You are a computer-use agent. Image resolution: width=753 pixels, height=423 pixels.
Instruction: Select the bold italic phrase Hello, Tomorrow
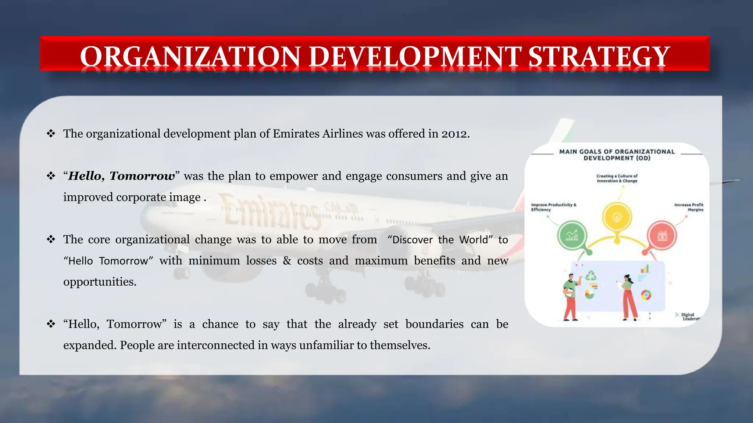point(122,176)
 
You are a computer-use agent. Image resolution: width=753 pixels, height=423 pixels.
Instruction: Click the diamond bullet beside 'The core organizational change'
point(51,239)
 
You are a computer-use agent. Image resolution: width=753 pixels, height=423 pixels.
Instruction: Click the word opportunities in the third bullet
point(100,282)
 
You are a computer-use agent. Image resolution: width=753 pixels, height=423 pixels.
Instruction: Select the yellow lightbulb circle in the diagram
point(617,217)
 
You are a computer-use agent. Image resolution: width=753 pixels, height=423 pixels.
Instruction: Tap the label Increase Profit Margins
point(689,207)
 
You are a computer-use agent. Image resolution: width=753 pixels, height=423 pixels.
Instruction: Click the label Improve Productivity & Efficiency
point(553,207)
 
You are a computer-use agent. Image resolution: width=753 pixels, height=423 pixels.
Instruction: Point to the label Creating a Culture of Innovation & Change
point(617,178)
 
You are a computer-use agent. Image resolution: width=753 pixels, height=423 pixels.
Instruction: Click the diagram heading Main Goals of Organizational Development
point(617,155)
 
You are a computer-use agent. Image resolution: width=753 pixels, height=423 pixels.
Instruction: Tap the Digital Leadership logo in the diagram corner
point(688,317)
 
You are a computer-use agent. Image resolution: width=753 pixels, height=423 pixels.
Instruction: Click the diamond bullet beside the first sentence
point(51,134)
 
